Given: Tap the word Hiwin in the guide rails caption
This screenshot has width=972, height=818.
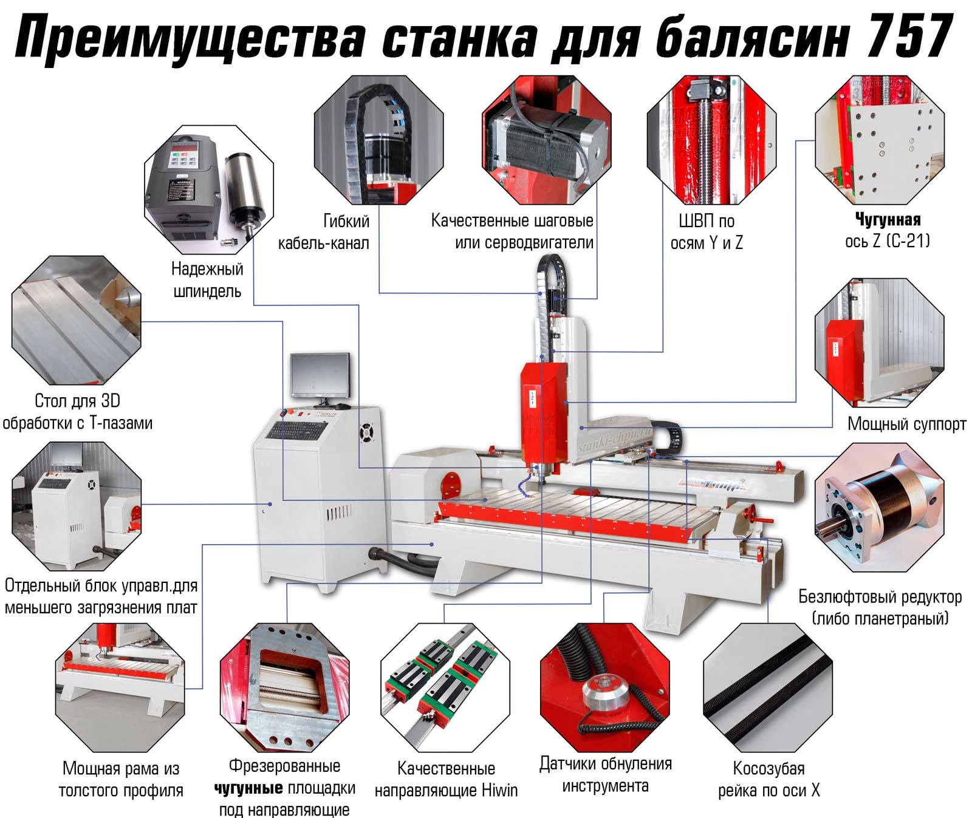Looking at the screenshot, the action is [499, 790].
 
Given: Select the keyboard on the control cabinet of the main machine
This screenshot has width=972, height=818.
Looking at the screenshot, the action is [297, 430].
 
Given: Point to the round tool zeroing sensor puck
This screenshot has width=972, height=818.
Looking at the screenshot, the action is [606, 692].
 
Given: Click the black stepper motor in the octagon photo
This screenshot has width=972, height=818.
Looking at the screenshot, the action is [547, 146].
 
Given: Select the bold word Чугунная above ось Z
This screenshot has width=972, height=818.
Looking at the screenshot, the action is [888, 220].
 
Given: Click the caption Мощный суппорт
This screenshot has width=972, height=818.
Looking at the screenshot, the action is [906, 424].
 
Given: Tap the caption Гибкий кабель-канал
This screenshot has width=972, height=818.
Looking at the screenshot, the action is [324, 231].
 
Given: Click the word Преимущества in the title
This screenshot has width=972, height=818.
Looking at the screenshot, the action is [191, 38].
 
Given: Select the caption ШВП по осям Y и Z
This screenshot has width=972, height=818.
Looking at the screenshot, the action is [707, 231].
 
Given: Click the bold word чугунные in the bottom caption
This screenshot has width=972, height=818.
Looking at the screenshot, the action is [248, 788].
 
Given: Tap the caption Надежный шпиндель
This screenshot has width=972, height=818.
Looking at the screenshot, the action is [207, 280].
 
